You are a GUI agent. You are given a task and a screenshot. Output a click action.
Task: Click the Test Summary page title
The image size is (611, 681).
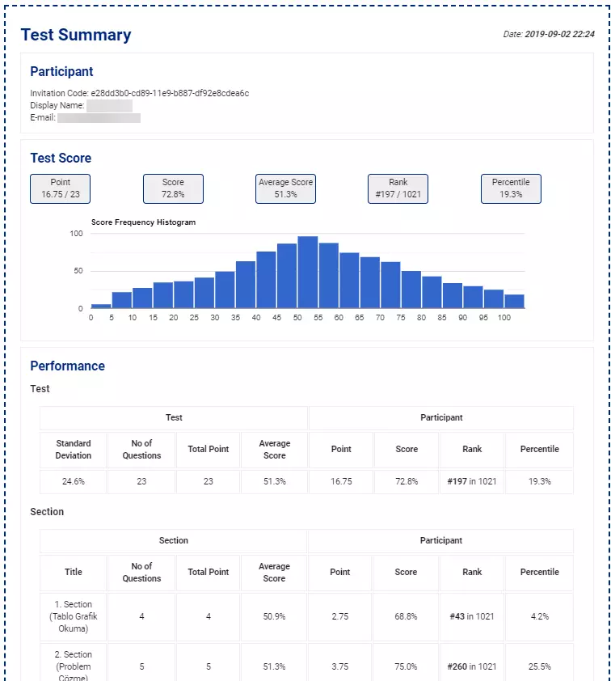click(76, 35)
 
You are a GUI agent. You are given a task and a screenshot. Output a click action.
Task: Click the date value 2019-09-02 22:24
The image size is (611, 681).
click(560, 35)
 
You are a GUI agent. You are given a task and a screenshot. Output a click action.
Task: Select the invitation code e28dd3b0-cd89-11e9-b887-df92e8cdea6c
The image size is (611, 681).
click(170, 93)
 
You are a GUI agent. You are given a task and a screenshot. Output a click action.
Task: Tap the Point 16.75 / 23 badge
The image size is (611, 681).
click(61, 188)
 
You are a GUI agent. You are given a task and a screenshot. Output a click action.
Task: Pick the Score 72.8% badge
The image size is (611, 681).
click(173, 188)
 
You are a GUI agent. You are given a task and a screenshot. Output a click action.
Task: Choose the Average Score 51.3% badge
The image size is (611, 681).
click(285, 188)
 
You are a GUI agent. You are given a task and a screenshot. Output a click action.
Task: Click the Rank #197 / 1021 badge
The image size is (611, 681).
click(398, 188)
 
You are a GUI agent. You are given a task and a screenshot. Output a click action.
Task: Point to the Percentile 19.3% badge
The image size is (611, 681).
click(511, 188)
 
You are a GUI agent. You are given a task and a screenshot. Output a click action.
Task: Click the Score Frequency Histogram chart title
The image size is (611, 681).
click(143, 222)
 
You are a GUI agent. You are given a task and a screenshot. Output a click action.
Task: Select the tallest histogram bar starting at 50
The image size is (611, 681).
click(307, 273)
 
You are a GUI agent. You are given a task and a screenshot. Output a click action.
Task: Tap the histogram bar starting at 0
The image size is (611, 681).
click(101, 306)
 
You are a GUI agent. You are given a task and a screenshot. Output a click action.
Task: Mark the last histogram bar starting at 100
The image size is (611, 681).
click(514, 301)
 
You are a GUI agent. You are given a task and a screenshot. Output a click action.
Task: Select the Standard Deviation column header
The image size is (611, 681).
click(74, 449)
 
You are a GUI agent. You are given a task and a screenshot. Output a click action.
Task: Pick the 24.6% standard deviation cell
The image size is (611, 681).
click(74, 481)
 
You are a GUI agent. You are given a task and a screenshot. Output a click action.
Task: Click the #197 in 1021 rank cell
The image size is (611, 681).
click(472, 481)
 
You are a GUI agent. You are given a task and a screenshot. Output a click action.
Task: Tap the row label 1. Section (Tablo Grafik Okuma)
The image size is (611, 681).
click(74, 616)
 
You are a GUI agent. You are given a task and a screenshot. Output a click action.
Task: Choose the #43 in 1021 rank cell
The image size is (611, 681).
click(472, 616)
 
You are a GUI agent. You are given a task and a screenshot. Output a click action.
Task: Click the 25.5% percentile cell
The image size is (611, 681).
click(539, 666)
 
